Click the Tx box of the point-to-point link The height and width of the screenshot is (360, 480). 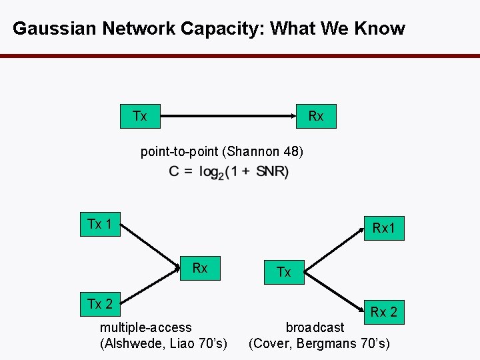point(139,116)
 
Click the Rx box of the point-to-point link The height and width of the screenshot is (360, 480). point(316,116)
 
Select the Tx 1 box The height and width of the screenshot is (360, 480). point(100,224)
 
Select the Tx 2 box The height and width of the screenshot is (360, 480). point(100,305)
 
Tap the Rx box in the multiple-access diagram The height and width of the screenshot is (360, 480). point(200,268)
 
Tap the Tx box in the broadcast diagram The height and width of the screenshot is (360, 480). point(284,272)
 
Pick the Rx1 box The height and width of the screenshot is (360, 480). point(383,229)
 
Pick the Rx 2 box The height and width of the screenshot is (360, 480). point(383,311)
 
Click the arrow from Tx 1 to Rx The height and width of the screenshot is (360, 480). point(152,245)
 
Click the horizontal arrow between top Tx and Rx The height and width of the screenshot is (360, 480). point(227,117)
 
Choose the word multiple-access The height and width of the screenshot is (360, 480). point(145,327)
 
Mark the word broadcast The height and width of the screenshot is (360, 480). point(315,327)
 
